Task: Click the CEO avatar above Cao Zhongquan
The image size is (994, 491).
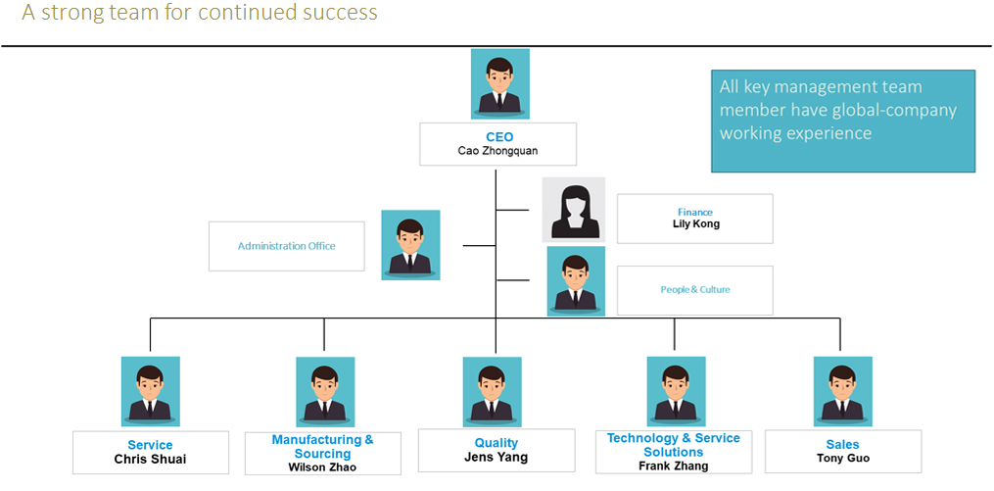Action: (x=499, y=84)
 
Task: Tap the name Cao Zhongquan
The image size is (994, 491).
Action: (x=498, y=152)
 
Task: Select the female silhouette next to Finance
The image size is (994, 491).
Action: (x=574, y=210)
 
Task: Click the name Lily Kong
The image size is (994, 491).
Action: (x=695, y=224)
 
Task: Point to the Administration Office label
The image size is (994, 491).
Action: (x=286, y=246)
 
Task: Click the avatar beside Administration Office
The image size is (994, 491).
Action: (x=410, y=245)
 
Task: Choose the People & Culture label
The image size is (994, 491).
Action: (x=695, y=289)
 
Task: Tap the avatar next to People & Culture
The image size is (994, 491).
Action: (x=576, y=281)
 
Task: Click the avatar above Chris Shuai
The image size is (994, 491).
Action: (x=150, y=391)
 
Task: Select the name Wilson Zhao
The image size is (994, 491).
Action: (x=323, y=467)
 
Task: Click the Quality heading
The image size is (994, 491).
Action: (x=497, y=443)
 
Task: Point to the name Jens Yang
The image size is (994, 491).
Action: (x=497, y=458)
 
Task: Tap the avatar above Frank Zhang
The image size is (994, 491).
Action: (x=676, y=391)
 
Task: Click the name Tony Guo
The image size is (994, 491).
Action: (x=842, y=458)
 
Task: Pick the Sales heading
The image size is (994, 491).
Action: (x=842, y=444)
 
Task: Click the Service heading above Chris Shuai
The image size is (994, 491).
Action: (x=150, y=445)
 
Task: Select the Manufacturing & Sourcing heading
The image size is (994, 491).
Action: (x=323, y=447)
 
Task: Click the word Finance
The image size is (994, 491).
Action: (x=695, y=212)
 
